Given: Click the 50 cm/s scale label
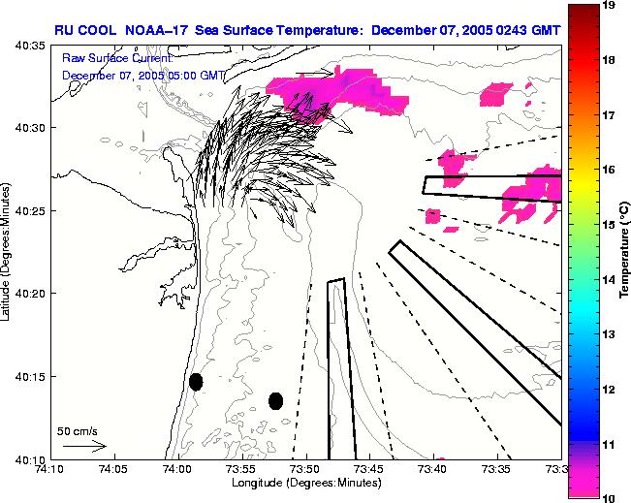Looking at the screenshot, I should tap(77, 430).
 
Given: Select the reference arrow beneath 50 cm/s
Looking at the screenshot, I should tap(84, 446).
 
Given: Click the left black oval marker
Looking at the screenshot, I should tap(196, 382).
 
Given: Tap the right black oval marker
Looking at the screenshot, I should tap(275, 400).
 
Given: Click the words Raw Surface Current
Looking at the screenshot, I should tap(116, 58).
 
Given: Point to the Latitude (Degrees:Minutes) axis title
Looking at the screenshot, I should tap(8, 252).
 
